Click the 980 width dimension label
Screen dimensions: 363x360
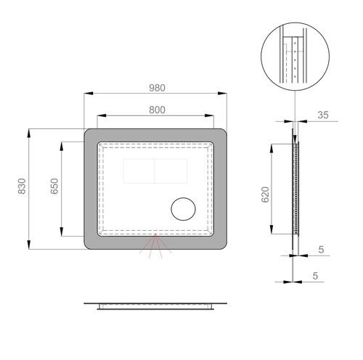point(157,88)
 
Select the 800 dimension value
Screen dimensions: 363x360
point(157,110)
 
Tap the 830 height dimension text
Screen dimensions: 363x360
point(22,186)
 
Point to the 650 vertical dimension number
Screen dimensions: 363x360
point(54,186)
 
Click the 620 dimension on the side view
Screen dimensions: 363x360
point(266,195)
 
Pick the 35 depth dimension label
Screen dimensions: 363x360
point(323,115)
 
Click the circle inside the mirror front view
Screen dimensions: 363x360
point(183,209)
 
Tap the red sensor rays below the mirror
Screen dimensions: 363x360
point(155,246)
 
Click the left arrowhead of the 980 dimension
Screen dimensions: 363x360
point(89,93)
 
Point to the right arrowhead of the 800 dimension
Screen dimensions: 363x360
point(209,115)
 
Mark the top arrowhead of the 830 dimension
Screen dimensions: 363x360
point(29,134)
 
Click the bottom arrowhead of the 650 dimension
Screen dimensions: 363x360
point(62,232)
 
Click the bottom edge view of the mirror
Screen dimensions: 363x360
point(155,306)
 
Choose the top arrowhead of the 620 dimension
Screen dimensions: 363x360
point(272,149)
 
